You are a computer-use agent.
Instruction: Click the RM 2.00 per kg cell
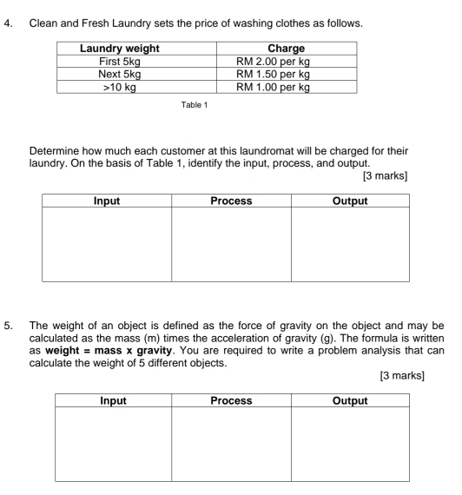293,63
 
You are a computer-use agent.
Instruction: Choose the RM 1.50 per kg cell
293,75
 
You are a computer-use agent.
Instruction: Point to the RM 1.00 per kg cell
293,87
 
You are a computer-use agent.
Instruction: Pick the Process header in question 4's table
231,201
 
